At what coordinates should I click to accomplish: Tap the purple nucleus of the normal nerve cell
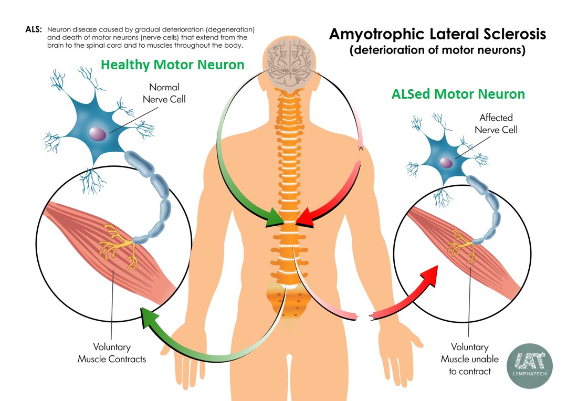[97, 133]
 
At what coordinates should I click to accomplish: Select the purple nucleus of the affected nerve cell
[445, 163]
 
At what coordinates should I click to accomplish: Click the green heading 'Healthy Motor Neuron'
[172, 65]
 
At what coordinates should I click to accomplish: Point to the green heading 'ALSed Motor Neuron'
[458, 94]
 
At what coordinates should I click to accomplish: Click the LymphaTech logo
[529, 366]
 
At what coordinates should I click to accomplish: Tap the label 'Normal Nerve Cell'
[164, 93]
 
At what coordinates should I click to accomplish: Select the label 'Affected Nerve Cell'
[496, 123]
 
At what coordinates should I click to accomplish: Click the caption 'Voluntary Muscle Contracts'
[112, 353]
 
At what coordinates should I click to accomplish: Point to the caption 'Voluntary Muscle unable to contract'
[469, 359]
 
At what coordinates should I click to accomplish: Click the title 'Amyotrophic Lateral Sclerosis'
[437, 35]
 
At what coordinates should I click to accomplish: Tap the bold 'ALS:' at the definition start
[34, 29]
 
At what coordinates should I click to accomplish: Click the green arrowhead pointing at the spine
[274, 218]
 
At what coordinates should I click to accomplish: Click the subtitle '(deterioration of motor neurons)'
[438, 51]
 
